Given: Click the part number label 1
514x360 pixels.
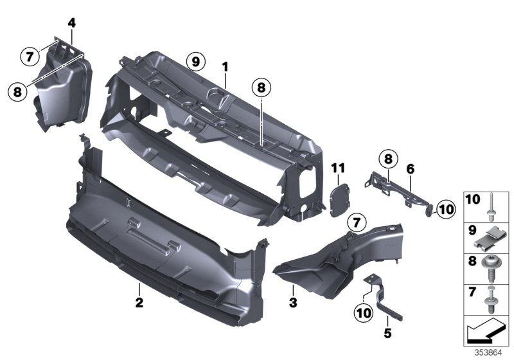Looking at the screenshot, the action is click(225, 67).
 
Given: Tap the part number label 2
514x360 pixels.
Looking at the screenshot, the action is click(139, 302).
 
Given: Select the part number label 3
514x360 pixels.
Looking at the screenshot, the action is click(293, 302).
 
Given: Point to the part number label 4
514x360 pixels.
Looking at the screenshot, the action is click(72, 23).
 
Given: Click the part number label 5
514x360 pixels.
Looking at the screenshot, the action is click(387, 334).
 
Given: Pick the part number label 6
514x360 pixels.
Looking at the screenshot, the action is click(411, 169).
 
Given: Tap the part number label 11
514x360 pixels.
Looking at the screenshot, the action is click(338, 168).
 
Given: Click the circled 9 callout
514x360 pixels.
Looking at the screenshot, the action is click(196, 61).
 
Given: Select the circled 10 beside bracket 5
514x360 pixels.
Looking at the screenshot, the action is click(364, 313).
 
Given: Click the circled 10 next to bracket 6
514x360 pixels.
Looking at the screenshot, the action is click(446, 209).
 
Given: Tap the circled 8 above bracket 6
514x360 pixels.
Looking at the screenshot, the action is click(388, 159).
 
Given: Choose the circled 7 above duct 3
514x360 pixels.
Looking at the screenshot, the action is click(357, 223).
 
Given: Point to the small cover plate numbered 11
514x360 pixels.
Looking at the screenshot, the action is click(339, 201).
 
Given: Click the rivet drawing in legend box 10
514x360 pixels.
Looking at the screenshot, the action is click(492, 207).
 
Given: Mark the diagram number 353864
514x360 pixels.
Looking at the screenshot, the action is click(488, 353).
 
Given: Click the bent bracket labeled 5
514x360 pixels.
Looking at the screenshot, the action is click(382, 298).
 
